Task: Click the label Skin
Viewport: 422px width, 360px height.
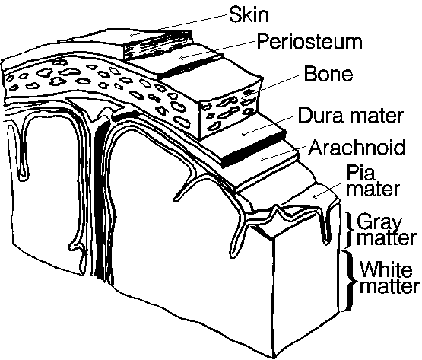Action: click(x=249, y=14)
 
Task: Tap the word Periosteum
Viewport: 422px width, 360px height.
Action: click(x=309, y=42)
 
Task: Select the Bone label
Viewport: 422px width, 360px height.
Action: click(x=328, y=74)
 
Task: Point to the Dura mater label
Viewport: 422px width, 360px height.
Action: click(x=351, y=116)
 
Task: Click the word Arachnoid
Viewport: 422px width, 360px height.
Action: click(x=357, y=148)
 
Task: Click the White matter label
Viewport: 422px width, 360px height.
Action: click(x=389, y=277)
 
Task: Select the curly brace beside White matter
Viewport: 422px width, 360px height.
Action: click(x=349, y=281)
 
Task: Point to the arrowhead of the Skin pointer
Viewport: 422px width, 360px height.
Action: click(x=132, y=34)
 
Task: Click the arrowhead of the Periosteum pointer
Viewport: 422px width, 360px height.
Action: click(x=182, y=57)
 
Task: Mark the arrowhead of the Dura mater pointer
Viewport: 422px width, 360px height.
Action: click(x=243, y=134)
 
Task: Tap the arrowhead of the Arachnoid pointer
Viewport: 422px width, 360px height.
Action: click(x=264, y=159)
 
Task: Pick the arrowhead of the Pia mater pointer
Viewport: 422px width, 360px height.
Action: click(x=314, y=196)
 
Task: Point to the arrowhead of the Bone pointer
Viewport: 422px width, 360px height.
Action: click(x=244, y=97)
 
